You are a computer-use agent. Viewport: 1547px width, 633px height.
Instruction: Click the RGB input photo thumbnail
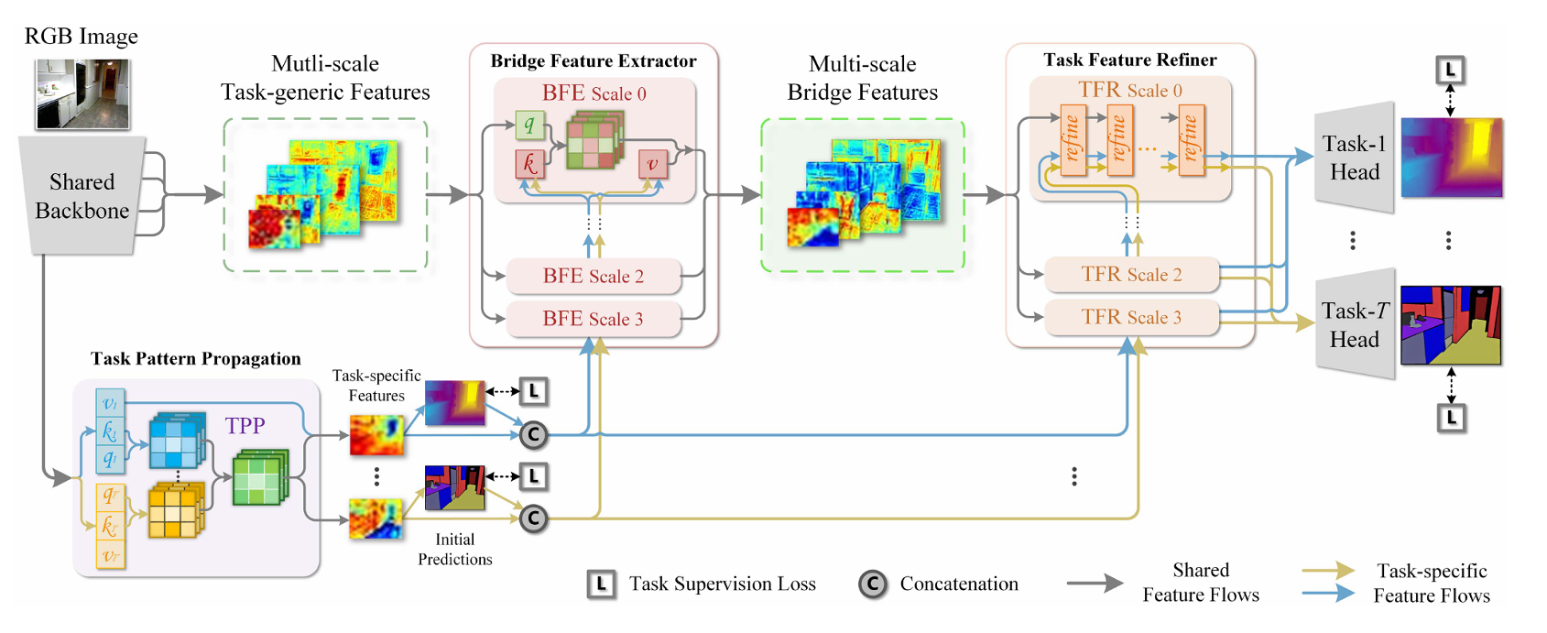[82, 94]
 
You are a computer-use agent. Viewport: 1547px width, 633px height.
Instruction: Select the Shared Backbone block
[82, 195]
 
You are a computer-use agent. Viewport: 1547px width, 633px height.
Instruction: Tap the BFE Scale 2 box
[594, 276]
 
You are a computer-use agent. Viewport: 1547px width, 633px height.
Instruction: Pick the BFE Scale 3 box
[594, 319]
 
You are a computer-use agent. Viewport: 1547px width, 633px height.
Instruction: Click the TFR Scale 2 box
[1132, 274]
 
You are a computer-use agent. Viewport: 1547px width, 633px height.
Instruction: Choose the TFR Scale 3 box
[1132, 317]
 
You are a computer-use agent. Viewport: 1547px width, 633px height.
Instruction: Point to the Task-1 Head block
[1355, 158]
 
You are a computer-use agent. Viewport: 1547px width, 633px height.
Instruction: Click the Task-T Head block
[1355, 325]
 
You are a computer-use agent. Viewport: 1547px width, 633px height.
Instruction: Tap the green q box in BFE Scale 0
[529, 125]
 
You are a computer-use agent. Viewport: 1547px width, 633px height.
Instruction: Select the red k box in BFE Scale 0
[529, 164]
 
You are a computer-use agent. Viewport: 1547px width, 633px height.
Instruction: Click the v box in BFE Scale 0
[653, 164]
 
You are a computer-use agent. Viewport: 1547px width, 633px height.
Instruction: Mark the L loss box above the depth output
[1450, 70]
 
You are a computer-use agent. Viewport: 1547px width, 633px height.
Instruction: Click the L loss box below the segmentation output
[1451, 418]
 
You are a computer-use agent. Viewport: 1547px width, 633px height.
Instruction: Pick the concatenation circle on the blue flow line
[533, 434]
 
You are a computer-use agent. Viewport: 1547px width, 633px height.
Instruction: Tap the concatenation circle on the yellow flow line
[533, 518]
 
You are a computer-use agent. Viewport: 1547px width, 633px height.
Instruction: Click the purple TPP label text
[245, 425]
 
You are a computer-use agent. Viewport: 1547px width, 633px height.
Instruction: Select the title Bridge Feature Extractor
[594, 60]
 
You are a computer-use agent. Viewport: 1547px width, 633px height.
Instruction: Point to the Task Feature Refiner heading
[1130, 60]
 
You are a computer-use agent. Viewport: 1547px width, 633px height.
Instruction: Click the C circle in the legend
[873, 584]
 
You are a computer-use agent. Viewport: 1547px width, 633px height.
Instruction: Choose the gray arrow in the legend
[1095, 584]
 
